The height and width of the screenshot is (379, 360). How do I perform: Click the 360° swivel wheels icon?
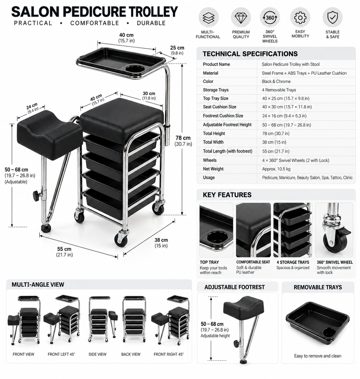point(270,18)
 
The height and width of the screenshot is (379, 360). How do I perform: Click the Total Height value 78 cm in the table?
point(276,133)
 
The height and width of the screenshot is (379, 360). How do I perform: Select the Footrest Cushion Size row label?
point(223,116)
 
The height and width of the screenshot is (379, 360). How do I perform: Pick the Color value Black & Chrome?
point(276,81)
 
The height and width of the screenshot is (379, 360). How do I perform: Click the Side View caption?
point(97,354)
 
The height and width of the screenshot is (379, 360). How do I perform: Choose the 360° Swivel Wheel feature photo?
point(334,230)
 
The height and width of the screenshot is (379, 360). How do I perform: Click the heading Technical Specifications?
point(250,54)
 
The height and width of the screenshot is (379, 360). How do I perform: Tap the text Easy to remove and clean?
point(318,356)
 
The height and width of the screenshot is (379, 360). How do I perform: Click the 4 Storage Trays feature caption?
point(293,262)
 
